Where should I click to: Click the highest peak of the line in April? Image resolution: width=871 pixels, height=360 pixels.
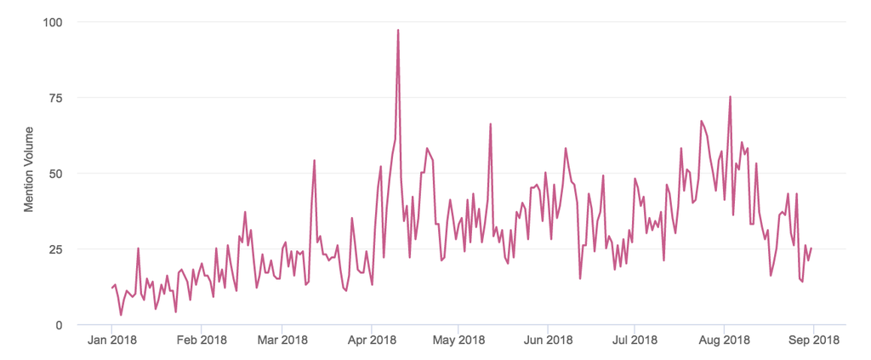click(x=398, y=31)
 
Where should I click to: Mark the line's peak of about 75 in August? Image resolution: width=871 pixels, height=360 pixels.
click(x=730, y=97)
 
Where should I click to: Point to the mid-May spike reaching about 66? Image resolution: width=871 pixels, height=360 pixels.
click(x=491, y=125)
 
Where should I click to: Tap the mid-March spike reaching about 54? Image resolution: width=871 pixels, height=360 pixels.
click(x=314, y=161)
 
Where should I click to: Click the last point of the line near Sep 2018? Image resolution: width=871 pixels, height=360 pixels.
click(x=811, y=249)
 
